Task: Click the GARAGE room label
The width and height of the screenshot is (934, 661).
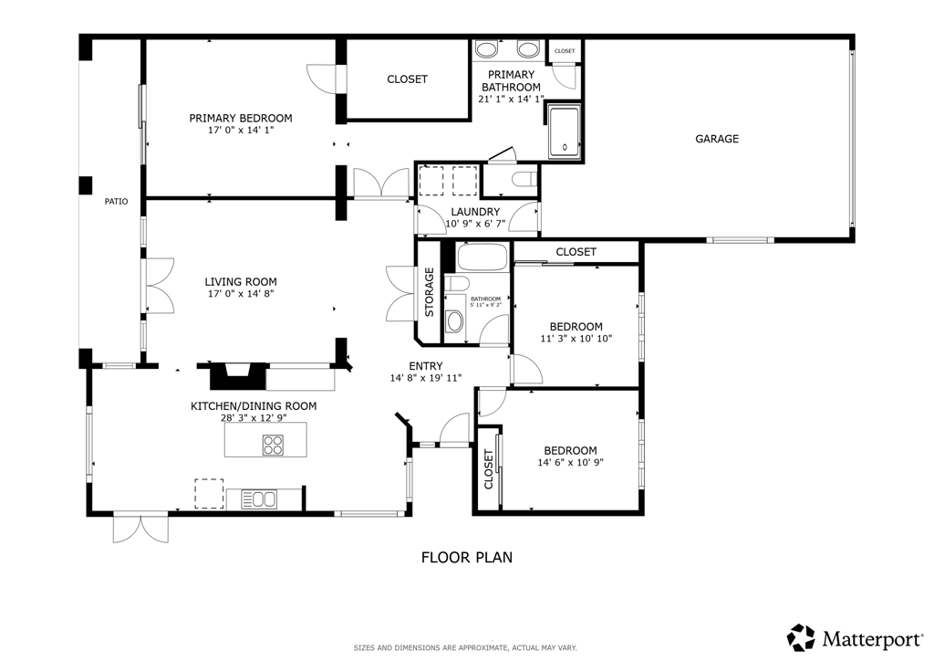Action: coord(717,139)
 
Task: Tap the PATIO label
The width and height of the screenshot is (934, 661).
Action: coord(116,202)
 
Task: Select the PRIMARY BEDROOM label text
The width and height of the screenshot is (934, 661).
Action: coord(241,118)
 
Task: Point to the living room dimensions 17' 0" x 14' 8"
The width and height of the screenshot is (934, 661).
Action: coord(241,294)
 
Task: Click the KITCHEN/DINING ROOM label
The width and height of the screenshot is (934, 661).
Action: coord(254,406)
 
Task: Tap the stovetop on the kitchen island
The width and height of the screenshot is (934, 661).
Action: coord(273,445)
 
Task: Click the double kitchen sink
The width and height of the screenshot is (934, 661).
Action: coord(258,498)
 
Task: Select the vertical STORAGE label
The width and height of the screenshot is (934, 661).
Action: coord(429,292)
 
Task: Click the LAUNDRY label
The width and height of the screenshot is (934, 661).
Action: coord(474,212)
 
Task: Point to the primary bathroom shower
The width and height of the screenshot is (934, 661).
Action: coord(564,132)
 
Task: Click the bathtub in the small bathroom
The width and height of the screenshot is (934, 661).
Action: coord(481,257)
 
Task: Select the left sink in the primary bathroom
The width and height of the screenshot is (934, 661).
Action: coord(488,48)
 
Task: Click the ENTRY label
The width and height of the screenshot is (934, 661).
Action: coord(426,366)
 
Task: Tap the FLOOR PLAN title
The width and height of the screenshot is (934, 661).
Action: coord(466,557)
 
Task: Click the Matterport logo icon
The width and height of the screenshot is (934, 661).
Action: coord(801,636)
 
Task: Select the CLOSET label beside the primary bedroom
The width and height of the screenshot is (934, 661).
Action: coord(407,79)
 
